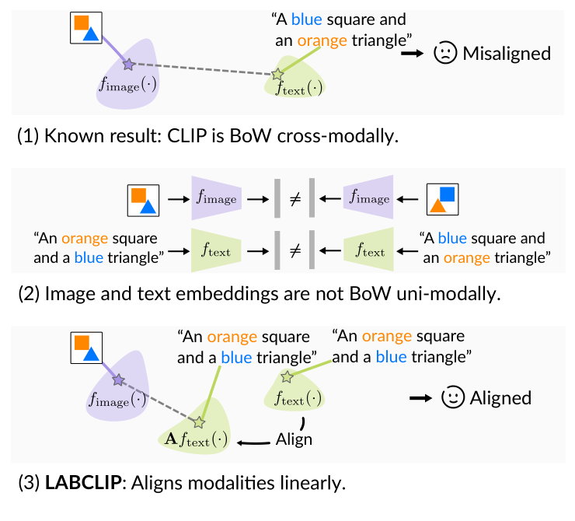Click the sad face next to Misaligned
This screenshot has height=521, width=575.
point(445,54)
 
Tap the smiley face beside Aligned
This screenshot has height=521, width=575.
point(452,397)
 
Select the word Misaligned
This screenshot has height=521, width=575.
point(506,54)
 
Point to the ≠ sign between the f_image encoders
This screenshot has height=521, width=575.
point(294,199)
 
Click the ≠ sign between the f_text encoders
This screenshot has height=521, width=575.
point(294,251)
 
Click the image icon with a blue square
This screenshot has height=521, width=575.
point(446,199)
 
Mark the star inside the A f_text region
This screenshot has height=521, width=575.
point(198,422)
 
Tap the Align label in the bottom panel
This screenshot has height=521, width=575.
point(294,439)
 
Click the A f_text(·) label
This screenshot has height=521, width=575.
point(196,440)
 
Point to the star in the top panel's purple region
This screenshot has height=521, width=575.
point(129,65)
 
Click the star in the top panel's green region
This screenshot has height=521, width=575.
point(277,75)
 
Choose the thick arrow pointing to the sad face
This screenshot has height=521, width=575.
point(412,54)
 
